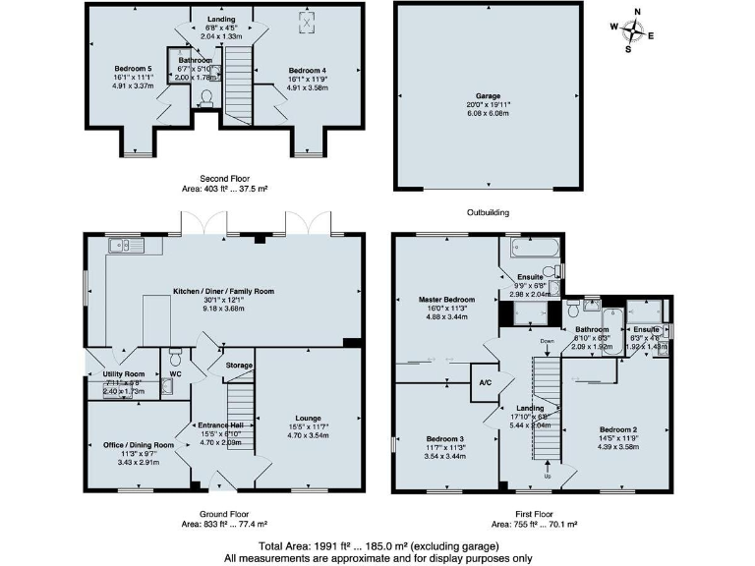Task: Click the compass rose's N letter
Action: click(637, 13)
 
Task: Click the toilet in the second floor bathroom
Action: click(205, 96)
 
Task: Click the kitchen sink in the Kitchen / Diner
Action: click(126, 246)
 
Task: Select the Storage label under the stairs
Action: click(239, 366)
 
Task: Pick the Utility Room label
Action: click(123, 374)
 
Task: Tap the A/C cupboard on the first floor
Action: click(484, 382)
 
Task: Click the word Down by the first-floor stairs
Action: click(548, 341)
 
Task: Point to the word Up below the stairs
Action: click(548, 477)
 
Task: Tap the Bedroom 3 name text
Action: click(445, 438)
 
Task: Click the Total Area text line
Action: click(377, 545)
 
